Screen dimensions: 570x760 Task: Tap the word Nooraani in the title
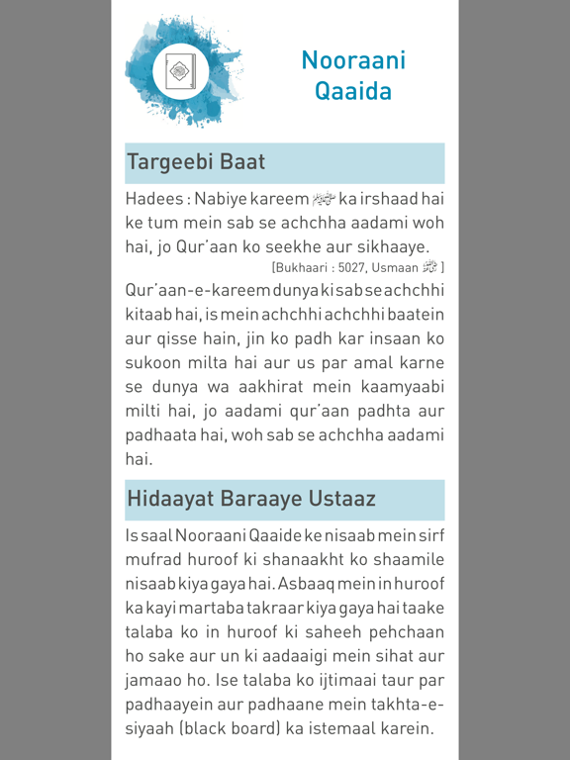(x=353, y=59)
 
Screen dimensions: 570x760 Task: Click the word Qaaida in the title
(x=353, y=92)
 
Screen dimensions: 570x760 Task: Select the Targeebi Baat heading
(x=195, y=161)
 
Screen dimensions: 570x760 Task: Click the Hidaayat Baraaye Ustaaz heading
(x=250, y=499)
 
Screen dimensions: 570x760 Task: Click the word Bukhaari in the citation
(x=303, y=267)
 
